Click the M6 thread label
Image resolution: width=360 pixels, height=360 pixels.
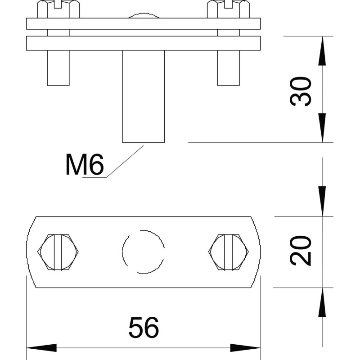tap(85, 164)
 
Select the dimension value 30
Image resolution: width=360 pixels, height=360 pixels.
tap(301, 92)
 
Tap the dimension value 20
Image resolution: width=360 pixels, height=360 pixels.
tap(301, 251)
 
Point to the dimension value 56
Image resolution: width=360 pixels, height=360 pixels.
tap(144, 328)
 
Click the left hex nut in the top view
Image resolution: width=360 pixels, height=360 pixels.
tap(58, 252)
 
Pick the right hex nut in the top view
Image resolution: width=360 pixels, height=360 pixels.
tap(229, 252)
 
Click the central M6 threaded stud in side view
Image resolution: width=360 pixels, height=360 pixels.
tap(143, 96)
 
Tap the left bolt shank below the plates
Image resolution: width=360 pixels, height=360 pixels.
tap(58, 68)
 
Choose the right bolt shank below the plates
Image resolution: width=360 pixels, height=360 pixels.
tap(229, 68)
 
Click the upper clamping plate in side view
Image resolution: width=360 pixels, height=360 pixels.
tap(143, 24)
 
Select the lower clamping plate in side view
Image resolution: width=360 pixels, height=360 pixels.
tap(143, 43)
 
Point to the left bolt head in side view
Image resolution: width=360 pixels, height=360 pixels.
tap(58, 9)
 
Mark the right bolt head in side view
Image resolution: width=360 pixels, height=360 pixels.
tap(228, 9)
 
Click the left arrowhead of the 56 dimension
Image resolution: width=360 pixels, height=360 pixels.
tap(41, 348)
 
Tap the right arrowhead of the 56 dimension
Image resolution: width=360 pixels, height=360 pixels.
tap(245, 348)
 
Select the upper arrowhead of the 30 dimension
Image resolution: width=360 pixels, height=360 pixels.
tap(322, 51)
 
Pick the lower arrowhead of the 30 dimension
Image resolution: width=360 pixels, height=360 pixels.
tap(322, 128)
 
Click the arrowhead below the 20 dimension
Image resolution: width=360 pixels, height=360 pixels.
tap(322, 302)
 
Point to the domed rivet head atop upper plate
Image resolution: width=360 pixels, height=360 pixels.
tap(144, 16)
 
